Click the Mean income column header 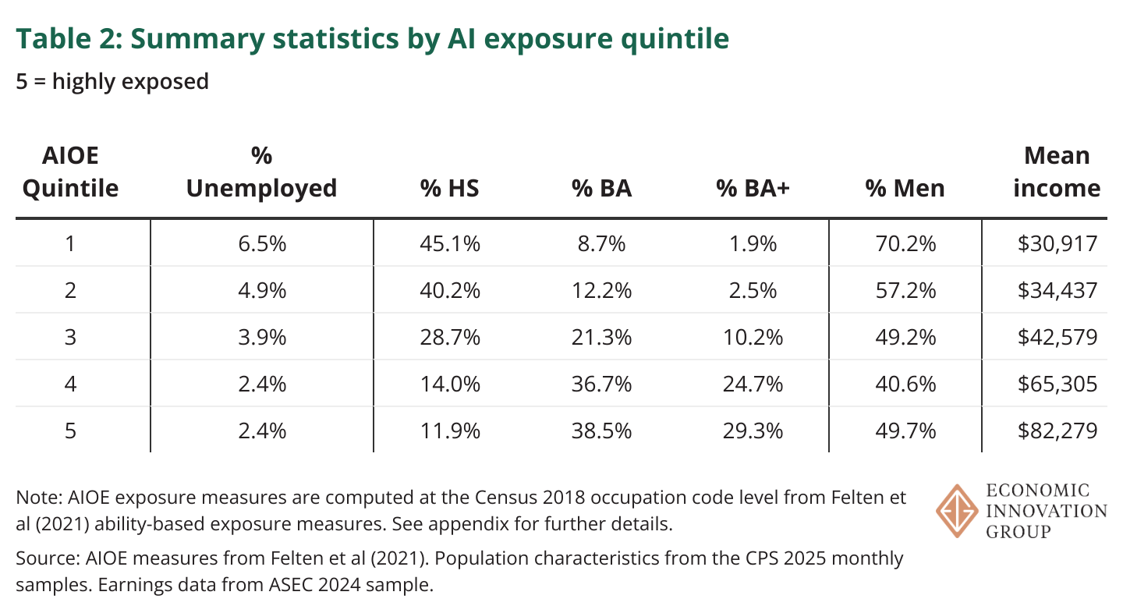click(x=1057, y=172)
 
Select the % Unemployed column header click(x=261, y=172)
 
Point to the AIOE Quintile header click(x=70, y=172)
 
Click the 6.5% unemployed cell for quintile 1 click(x=261, y=244)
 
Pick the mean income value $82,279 click(x=1057, y=431)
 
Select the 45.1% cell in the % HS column click(x=450, y=244)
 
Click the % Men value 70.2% click(x=905, y=244)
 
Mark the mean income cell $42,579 click(x=1057, y=337)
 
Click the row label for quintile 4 click(x=70, y=384)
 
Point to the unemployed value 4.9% click(x=261, y=291)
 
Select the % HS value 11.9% click(x=450, y=431)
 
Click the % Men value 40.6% click(x=905, y=384)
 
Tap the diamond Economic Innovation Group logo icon click(x=956, y=511)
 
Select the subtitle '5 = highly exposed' click(x=112, y=80)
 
